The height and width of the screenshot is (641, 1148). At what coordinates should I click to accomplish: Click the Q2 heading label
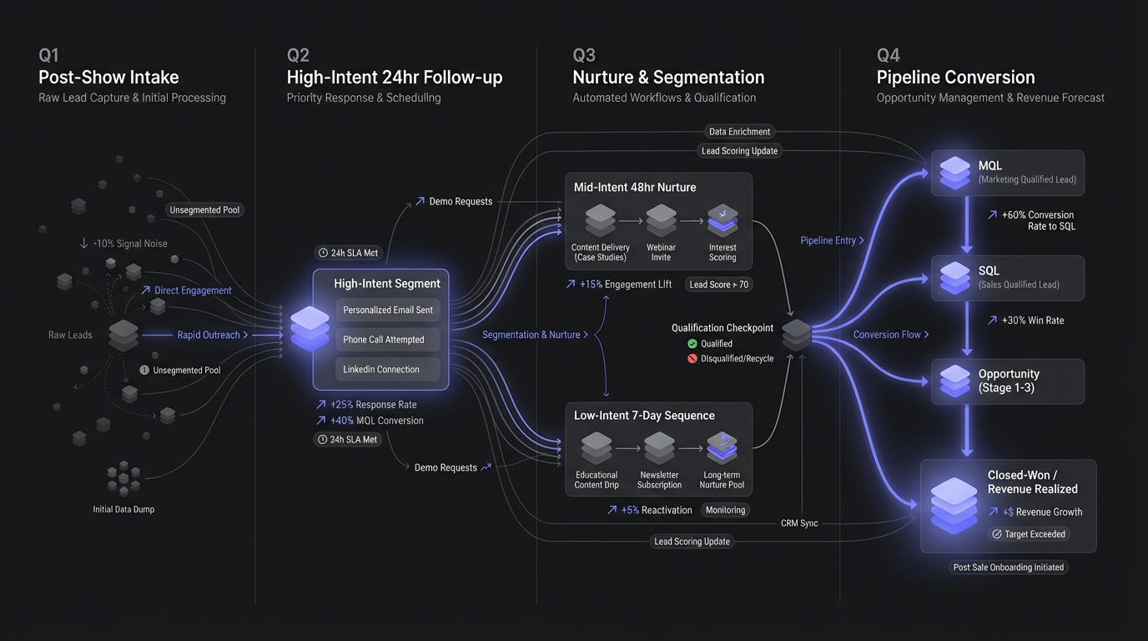click(x=298, y=55)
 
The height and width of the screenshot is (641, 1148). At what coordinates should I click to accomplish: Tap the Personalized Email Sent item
click(x=388, y=310)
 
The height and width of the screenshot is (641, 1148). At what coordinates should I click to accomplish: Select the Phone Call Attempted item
click(x=384, y=340)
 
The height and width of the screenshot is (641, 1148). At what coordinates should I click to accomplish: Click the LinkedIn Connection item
click(x=381, y=369)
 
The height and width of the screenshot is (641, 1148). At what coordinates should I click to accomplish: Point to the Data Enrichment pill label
click(x=740, y=131)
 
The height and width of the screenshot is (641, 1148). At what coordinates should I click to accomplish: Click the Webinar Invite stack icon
click(x=661, y=220)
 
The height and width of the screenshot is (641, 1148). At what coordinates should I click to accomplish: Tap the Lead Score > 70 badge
click(x=718, y=285)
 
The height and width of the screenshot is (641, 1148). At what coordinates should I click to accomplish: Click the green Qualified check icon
click(x=692, y=343)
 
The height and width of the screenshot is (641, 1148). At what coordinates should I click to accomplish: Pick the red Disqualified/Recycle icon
click(x=692, y=358)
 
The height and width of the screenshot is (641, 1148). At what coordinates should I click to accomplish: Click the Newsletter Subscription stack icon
click(x=659, y=448)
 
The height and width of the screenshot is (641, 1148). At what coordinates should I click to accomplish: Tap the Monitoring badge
click(x=725, y=510)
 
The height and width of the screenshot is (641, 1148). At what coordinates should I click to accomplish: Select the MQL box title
click(x=990, y=165)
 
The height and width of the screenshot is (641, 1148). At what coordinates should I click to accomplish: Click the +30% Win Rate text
click(x=1025, y=320)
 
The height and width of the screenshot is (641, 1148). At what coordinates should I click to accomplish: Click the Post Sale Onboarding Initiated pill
click(x=1008, y=567)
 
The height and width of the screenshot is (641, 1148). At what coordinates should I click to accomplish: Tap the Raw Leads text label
click(x=70, y=335)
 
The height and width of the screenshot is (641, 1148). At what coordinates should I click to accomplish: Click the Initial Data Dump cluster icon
click(x=123, y=478)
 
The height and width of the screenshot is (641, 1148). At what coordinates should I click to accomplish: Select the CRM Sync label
click(x=799, y=523)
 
